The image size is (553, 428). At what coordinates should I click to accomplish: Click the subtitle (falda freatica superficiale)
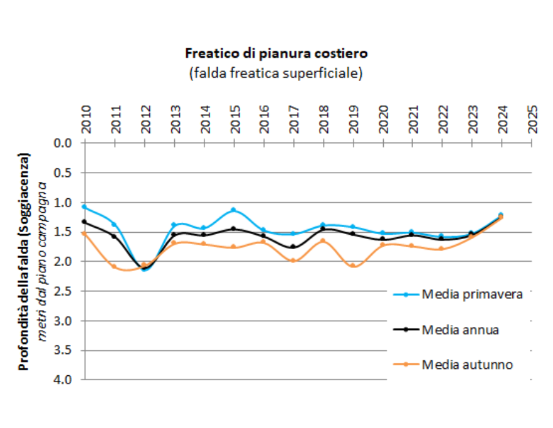(x=276, y=73)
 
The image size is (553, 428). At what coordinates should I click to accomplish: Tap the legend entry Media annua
(x=460, y=329)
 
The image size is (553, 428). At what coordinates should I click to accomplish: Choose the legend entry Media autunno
(x=468, y=364)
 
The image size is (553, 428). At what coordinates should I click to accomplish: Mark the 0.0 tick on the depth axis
(x=65, y=143)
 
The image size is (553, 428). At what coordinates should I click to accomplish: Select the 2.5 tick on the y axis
(x=65, y=291)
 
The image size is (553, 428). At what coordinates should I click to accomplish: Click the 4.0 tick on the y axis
(x=65, y=380)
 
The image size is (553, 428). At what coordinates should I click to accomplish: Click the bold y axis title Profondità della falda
(x=24, y=260)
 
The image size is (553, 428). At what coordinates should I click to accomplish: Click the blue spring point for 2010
(x=85, y=206)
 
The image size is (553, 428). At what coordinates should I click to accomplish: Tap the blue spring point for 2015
(x=233, y=210)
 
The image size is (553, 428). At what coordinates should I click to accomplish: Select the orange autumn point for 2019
(x=353, y=265)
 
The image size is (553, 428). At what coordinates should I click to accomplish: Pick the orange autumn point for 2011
(x=114, y=266)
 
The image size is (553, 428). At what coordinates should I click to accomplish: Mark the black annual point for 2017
(x=293, y=247)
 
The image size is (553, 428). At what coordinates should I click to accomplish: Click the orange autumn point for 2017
(x=293, y=260)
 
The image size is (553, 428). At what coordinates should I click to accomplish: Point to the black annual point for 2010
(x=85, y=222)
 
